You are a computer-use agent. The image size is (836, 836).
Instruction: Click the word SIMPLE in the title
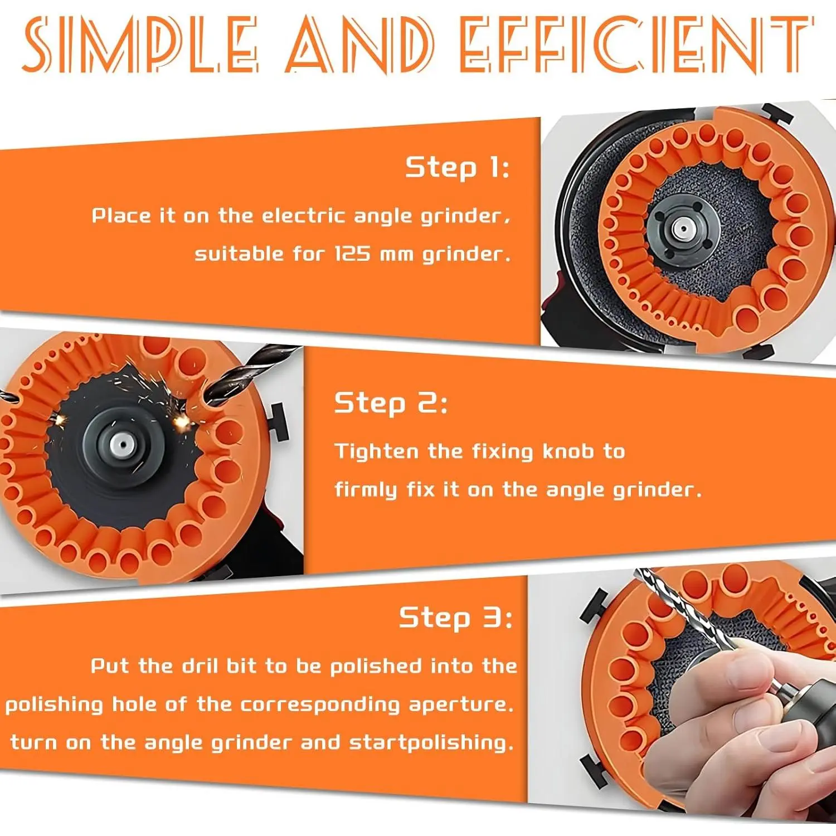[x=140, y=45]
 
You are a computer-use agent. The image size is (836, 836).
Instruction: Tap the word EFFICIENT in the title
[x=636, y=45]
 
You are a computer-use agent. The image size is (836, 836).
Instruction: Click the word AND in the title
[x=359, y=45]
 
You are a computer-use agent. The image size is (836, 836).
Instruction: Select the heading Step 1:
[x=457, y=167]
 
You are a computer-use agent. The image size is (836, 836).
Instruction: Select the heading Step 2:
[x=390, y=403]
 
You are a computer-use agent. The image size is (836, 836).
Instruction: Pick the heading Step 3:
[x=455, y=618]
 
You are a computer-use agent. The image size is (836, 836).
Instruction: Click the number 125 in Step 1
[x=352, y=254]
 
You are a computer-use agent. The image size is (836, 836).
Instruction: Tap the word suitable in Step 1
[x=239, y=254]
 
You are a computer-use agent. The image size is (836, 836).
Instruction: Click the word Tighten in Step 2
[x=376, y=451]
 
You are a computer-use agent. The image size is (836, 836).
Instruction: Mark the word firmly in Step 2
[x=365, y=490]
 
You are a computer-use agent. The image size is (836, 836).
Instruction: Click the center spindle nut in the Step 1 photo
[x=680, y=228]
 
